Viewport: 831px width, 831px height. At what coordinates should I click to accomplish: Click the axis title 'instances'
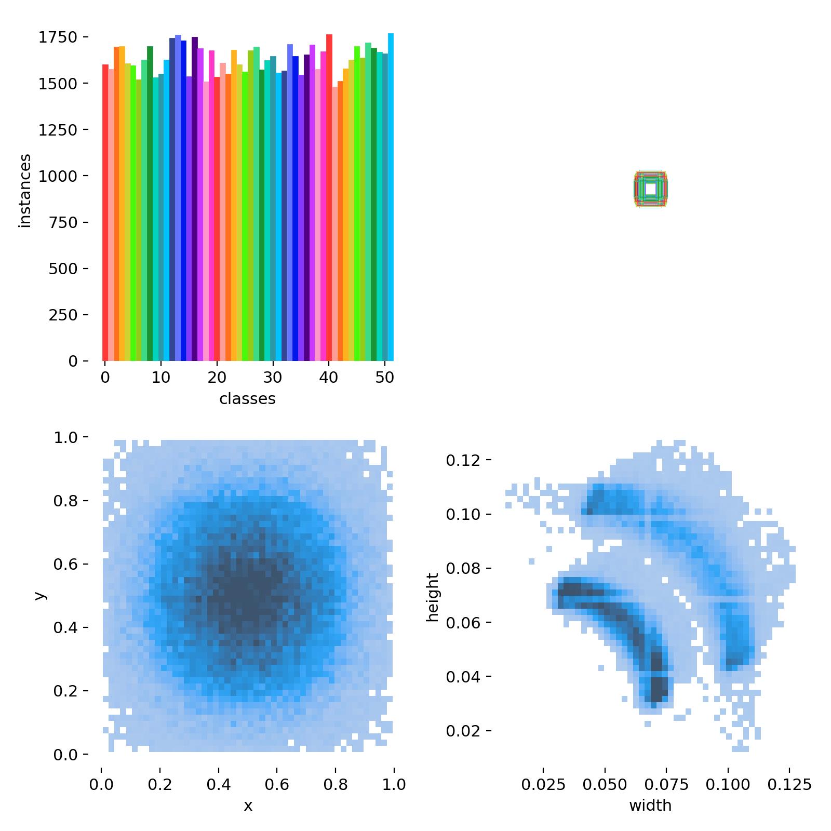25,191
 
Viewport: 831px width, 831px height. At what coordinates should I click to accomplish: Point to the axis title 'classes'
247,399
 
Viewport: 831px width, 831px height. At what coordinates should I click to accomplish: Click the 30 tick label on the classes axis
273,378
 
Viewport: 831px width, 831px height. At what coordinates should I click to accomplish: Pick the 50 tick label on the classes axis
384,378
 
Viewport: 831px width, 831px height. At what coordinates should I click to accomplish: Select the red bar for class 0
105,213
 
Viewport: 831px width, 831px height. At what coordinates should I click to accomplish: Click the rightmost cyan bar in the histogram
391,197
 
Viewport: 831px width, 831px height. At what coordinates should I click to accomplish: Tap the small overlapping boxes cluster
650,190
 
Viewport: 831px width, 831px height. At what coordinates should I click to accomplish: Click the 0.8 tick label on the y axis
65,501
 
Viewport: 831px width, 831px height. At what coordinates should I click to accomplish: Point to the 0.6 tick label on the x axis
277,784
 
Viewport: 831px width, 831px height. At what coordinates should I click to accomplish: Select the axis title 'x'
248,806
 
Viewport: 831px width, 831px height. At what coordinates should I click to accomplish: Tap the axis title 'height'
433,597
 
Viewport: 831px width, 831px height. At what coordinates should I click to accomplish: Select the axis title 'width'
650,806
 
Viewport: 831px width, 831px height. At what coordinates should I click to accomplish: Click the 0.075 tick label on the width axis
667,784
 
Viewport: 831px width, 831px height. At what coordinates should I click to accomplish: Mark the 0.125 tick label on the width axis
789,784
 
